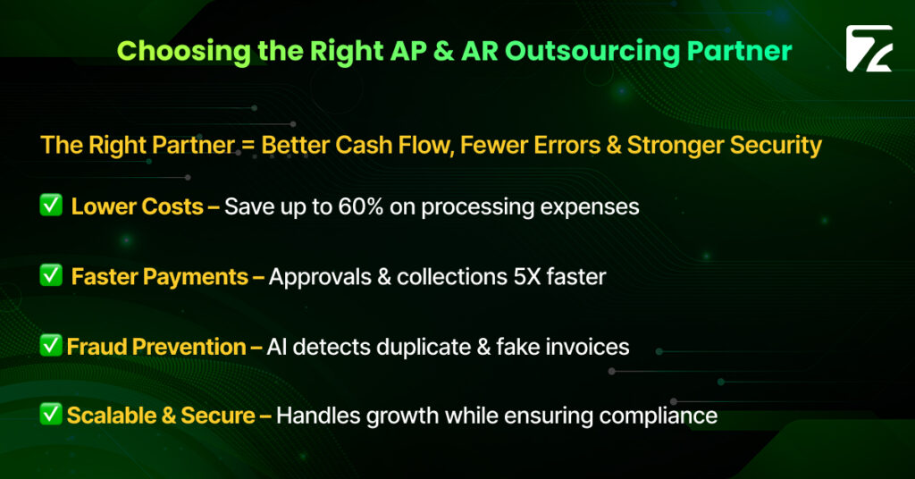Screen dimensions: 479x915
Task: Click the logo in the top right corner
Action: (x=869, y=48)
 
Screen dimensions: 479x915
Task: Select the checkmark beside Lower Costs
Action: (x=51, y=206)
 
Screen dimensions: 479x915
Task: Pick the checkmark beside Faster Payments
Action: (x=51, y=276)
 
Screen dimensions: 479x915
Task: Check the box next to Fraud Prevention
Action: (x=51, y=346)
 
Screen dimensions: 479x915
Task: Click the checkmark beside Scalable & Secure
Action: (x=51, y=415)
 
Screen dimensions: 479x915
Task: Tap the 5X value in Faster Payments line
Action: (x=529, y=277)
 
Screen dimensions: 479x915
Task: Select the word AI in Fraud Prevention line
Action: (x=279, y=347)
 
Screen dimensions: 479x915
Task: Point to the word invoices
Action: (x=590, y=347)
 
